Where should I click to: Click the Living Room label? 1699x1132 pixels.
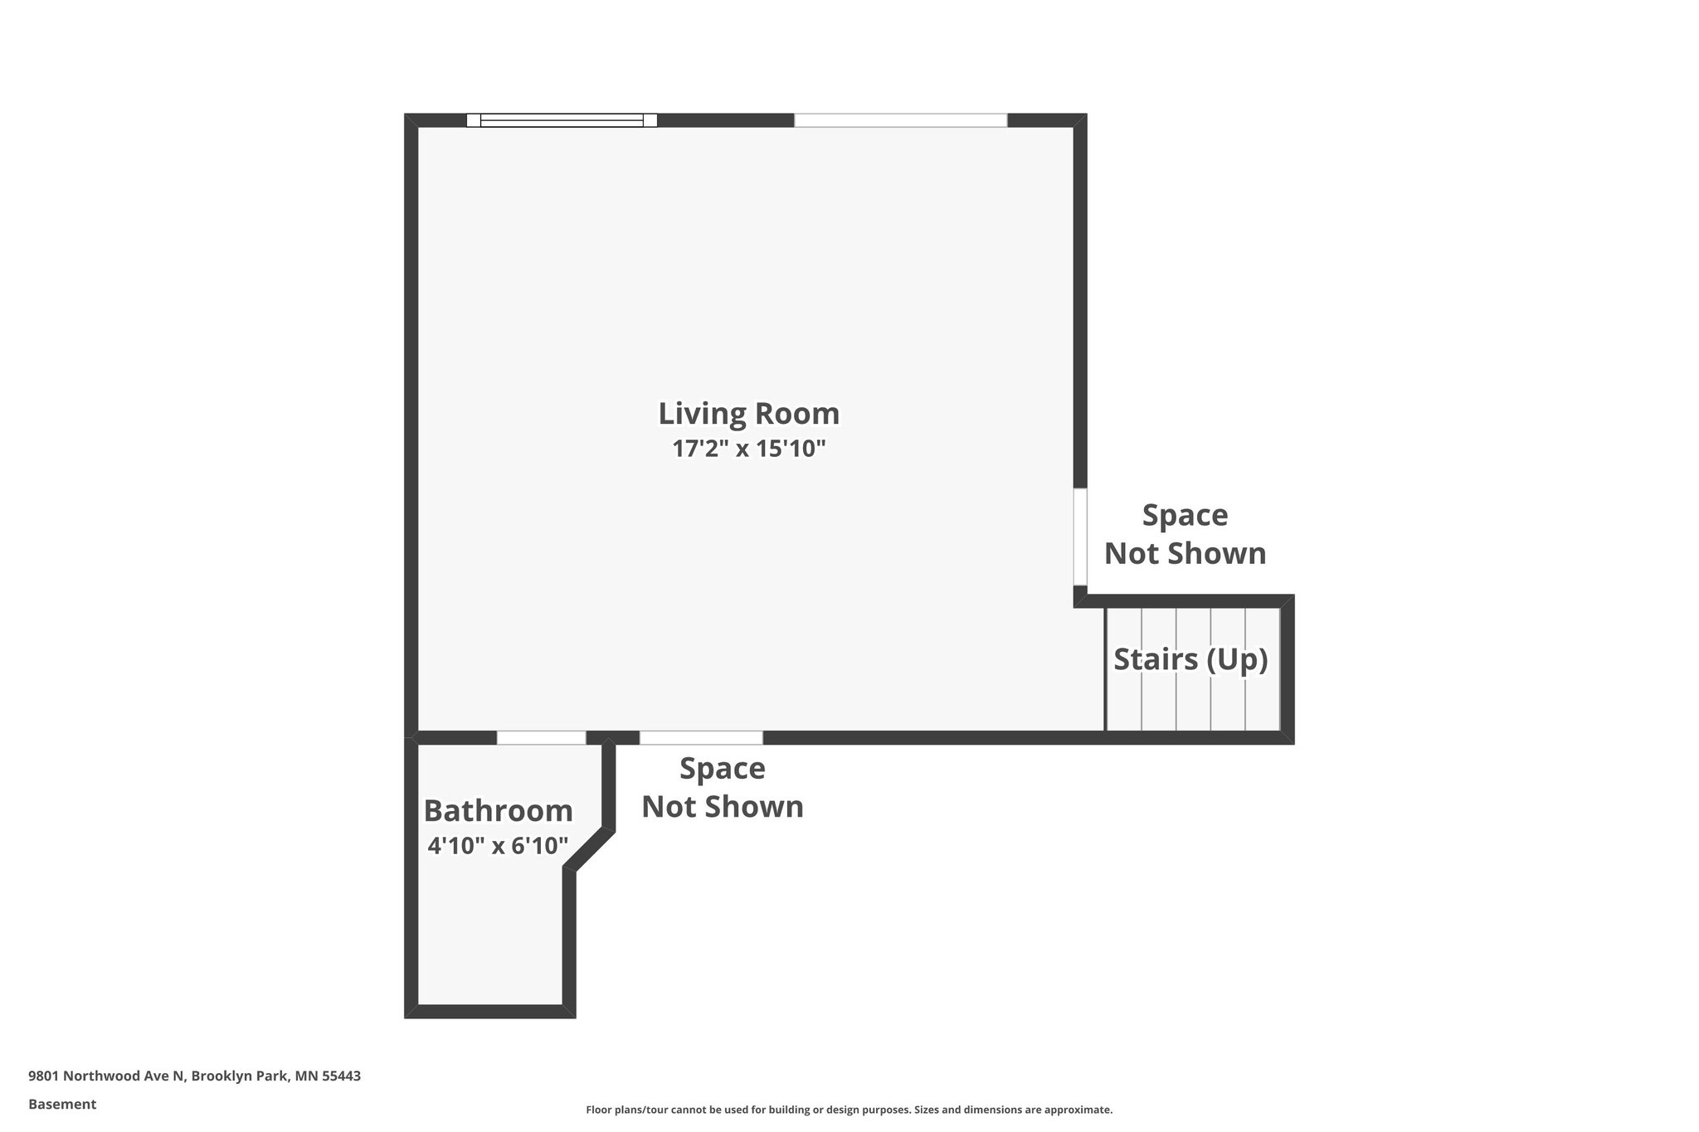(748, 413)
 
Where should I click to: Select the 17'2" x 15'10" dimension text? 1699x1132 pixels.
(748, 449)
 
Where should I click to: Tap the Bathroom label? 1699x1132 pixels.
(498, 810)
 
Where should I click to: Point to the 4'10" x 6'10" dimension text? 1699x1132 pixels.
(498, 846)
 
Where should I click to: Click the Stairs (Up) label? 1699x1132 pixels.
(1190, 659)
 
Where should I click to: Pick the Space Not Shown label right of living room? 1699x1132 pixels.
(1185, 534)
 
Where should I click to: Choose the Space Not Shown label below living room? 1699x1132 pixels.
(722, 787)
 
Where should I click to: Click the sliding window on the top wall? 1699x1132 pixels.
(562, 120)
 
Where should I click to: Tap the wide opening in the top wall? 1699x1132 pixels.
(900, 120)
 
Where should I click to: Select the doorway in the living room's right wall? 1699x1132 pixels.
(1080, 537)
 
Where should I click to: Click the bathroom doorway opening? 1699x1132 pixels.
(541, 738)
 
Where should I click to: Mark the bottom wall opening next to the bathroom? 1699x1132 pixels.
(701, 738)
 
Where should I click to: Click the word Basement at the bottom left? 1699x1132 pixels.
(62, 1104)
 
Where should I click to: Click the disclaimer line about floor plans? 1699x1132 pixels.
(849, 1110)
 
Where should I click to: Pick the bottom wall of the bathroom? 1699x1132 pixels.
(489, 1011)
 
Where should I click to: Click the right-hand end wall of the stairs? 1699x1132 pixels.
(1287, 669)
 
